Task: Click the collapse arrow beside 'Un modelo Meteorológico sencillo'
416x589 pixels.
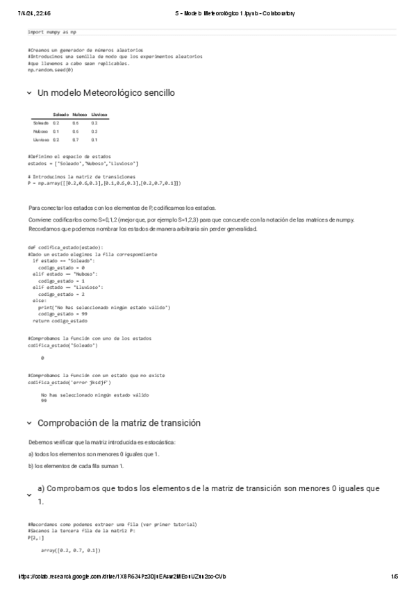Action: (x=28, y=93)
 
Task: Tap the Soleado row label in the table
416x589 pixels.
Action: (x=40, y=122)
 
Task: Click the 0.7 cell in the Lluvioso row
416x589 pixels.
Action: (x=75, y=139)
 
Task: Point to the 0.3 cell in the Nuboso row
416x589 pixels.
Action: (x=94, y=131)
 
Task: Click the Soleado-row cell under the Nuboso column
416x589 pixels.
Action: (x=75, y=122)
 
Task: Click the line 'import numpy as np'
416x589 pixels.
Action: (x=52, y=32)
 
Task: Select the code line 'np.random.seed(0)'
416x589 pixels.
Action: (x=50, y=69)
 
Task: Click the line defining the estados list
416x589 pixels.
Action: (x=83, y=163)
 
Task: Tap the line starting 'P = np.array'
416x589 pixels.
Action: (x=104, y=183)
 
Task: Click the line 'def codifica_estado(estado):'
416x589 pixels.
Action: (x=65, y=247)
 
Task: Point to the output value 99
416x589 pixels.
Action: (x=44, y=401)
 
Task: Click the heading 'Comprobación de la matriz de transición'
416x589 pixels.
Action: (x=119, y=422)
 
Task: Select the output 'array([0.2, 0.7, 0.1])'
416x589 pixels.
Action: (x=71, y=550)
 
